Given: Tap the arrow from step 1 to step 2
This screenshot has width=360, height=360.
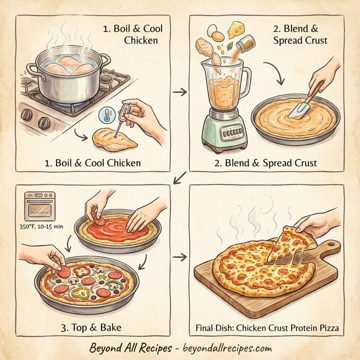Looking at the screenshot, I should (178, 92).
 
